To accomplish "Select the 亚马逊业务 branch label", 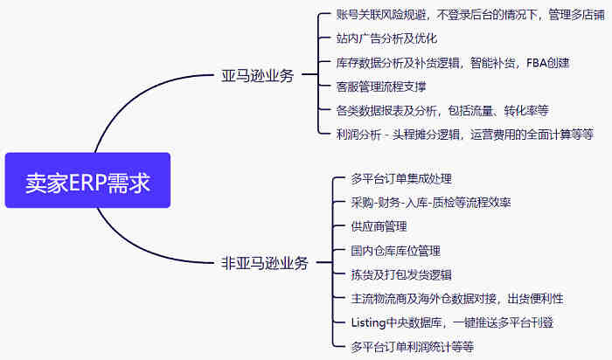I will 257,75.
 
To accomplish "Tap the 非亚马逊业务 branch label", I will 264,262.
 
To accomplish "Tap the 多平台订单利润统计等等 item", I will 412,346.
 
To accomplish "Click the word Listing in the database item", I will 368,322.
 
